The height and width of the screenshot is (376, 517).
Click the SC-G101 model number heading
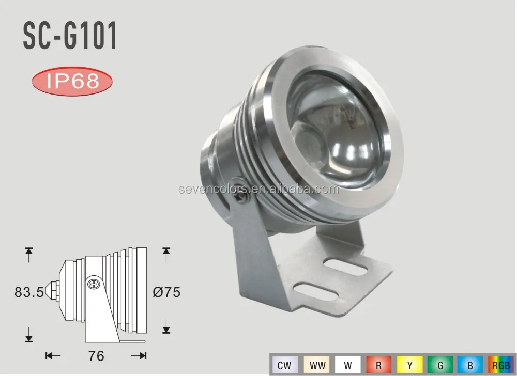click(x=70, y=37)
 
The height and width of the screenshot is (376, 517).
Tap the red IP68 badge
click(x=72, y=81)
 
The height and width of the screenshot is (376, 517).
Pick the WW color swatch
click(x=316, y=365)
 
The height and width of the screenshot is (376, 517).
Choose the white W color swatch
click(x=347, y=365)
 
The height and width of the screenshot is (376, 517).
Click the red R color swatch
click(x=378, y=365)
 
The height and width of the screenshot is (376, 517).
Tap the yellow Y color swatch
click(x=409, y=365)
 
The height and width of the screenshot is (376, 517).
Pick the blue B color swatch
click(x=470, y=365)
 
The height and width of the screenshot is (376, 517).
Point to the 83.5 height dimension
click(x=31, y=292)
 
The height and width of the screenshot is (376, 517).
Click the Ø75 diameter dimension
click(x=166, y=292)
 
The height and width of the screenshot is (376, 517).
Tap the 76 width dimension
click(x=97, y=356)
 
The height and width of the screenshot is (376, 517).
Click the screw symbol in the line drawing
click(x=94, y=283)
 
